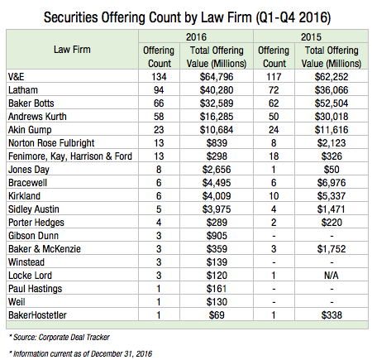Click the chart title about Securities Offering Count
[x=187, y=17]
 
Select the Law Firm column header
[x=72, y=50]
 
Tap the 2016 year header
[x=196, y=37]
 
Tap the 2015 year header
[x=311, y=37]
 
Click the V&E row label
[x=17, y=77]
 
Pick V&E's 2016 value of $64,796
[x=217, y=77]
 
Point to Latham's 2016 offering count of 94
[x=159, y=90]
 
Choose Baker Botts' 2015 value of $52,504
[x=331, y=103]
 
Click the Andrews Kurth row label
[x=37, y=117]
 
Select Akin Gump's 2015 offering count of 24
[x=274, y=130]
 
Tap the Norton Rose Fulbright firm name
[x=51, y=143]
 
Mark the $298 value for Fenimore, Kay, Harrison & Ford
[x=217, y=156]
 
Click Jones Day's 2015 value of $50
[x=331, y=170]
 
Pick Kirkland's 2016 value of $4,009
[x=217, y=196]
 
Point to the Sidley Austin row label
[x=34, y=209]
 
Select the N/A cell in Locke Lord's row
[x=331, y=276]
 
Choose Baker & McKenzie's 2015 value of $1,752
[x=331, y=249]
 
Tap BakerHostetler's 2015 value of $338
[x=331, y=315]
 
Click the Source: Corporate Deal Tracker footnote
[x=60, y=337]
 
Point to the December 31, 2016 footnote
[x=80, y=353]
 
